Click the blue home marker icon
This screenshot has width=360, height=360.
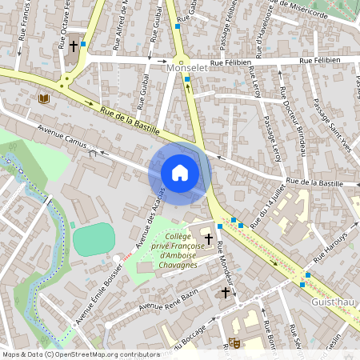[180, 173]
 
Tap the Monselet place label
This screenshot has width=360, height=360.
[186, 70]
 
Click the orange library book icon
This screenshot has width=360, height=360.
[43, 98]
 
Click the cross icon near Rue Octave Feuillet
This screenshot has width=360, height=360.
[73, 46]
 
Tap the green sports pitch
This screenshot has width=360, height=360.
[94, 239]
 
